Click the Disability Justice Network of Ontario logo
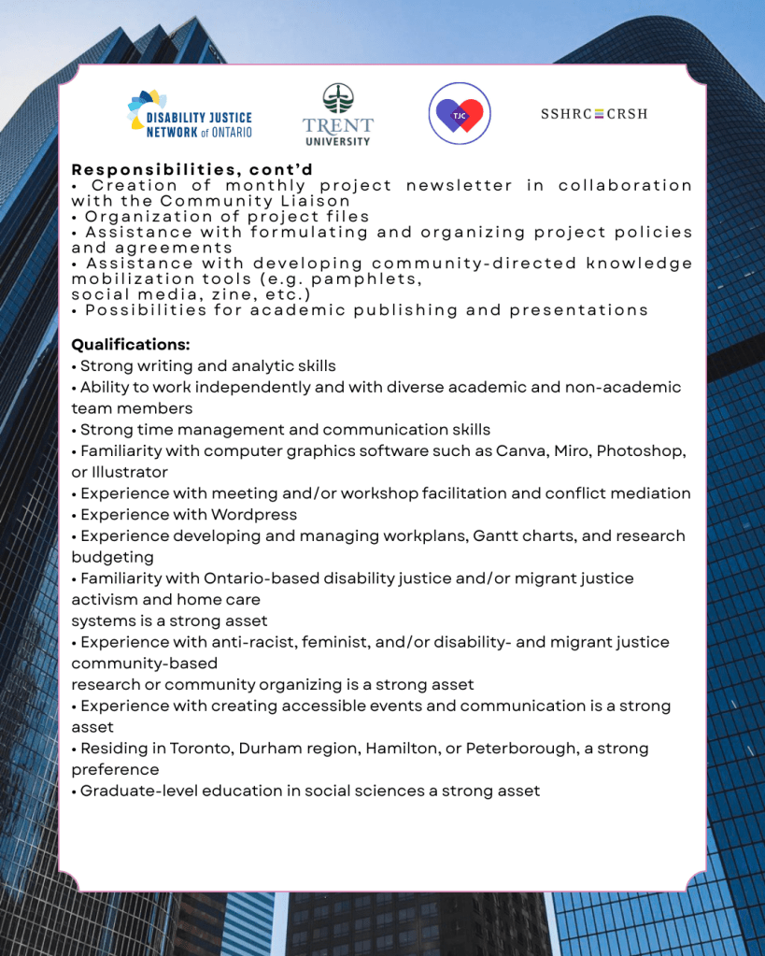point(190,115)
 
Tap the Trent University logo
point(337,115)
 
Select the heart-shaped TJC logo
point(460,114)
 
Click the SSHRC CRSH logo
point(593,114)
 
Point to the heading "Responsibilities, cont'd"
point(192,169)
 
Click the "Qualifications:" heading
point(131,345)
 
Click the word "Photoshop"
point(642,451)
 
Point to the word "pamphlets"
point(367,278)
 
